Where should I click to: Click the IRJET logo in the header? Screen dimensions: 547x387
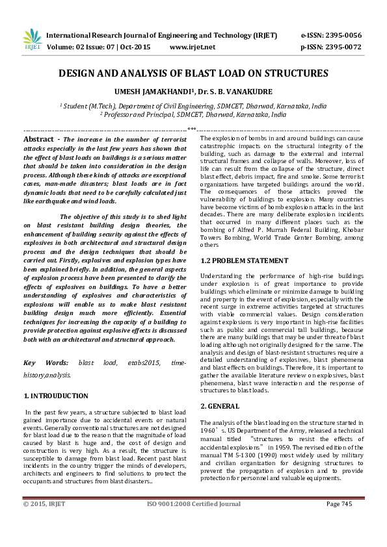click(x=32, y=40)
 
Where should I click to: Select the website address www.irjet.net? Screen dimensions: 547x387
click(x=192, y=47)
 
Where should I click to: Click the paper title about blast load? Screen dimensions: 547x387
click(x=193, y=74)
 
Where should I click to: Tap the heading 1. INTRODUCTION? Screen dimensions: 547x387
click(x=56, y=396)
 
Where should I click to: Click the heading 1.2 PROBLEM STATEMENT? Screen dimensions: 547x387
click(x=244, y=261)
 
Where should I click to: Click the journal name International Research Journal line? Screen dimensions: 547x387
click(x=161, y=35)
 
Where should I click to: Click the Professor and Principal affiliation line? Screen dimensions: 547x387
click(x=193, y=114)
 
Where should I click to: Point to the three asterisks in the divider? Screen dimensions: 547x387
click(x=193, y=130)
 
